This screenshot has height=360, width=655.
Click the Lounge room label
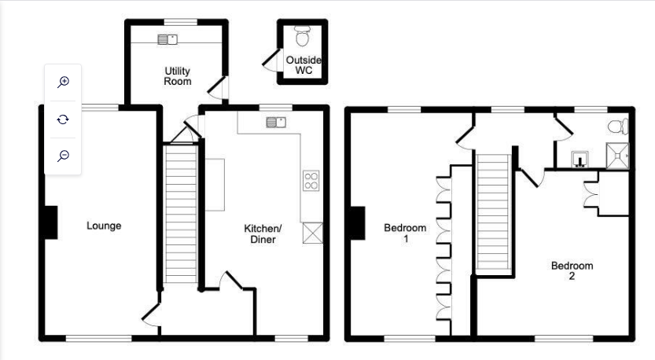click(104, 226)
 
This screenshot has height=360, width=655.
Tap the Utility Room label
click(177, 76)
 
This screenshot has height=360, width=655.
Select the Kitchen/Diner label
click(263, 234)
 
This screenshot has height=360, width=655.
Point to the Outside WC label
click(304, 65)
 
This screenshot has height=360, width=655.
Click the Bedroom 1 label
click(405, 233)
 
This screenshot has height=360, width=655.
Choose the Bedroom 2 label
click(572, 270)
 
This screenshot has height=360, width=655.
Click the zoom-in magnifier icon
click(63, 82)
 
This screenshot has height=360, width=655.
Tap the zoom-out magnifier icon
click(63, 156)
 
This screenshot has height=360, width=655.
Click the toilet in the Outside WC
click(303, 36)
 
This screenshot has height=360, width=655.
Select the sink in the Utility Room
click(167, 39)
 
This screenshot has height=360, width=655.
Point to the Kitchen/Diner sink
click(276, 122)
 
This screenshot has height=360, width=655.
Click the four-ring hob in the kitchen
click(311, 181)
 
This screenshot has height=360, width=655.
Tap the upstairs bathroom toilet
click(618, 126)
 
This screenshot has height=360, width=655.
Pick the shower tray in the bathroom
click(617, 156)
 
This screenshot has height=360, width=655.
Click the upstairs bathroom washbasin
click(580, 159)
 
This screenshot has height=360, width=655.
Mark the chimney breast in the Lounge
click(51, 222)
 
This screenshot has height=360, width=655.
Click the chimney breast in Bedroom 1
click(358, 223)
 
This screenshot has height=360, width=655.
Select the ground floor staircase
click(181, 215)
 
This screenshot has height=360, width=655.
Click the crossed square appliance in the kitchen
click(313, 233)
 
